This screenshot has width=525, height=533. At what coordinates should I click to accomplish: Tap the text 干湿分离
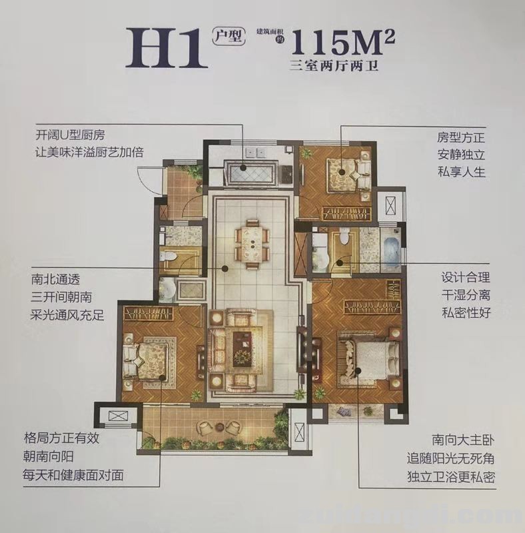(x=465, y=294)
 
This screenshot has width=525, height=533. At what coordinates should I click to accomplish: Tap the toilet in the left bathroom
(x=169, y=257)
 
